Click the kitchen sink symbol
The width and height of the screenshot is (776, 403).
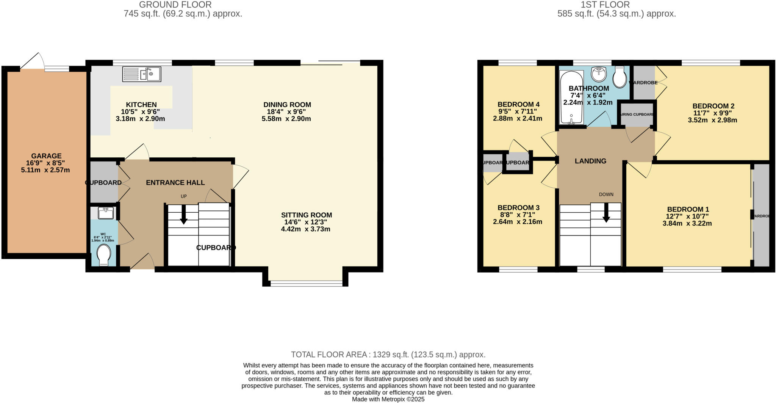point(142,74)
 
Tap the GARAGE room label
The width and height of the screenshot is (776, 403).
point(46,156)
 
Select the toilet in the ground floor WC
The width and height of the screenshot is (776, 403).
point(103,254)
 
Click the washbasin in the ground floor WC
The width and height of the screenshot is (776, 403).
point(105,213)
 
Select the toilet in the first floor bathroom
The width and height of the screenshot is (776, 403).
point(620,78)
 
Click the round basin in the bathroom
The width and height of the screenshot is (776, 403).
point(599,74)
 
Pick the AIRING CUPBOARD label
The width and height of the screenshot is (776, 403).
point(637,114)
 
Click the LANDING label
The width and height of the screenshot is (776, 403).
point(590,161)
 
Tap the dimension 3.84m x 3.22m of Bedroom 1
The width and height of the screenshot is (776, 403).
point(687,224)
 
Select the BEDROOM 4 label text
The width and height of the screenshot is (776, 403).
point(518,105)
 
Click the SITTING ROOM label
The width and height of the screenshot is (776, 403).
point(306,215)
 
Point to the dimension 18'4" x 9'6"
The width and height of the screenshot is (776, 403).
point(286,112)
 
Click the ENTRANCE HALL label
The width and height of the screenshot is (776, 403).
point(175,183)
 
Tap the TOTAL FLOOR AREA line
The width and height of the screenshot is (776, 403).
point(388,354)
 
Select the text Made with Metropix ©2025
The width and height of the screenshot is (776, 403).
point(388,399)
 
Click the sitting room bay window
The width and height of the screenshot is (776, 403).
point(307,283)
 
